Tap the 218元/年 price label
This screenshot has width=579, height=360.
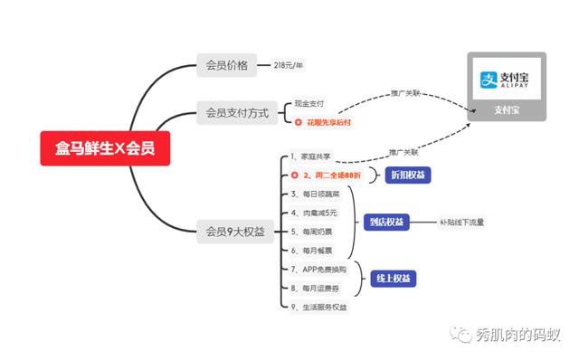tap(289, 65)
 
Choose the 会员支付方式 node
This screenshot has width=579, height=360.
tap(237, 113)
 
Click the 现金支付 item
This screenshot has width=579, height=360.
tap(309, 104)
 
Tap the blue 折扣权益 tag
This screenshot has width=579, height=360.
tap(406, 175)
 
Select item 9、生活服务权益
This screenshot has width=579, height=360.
tap(318, 307)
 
